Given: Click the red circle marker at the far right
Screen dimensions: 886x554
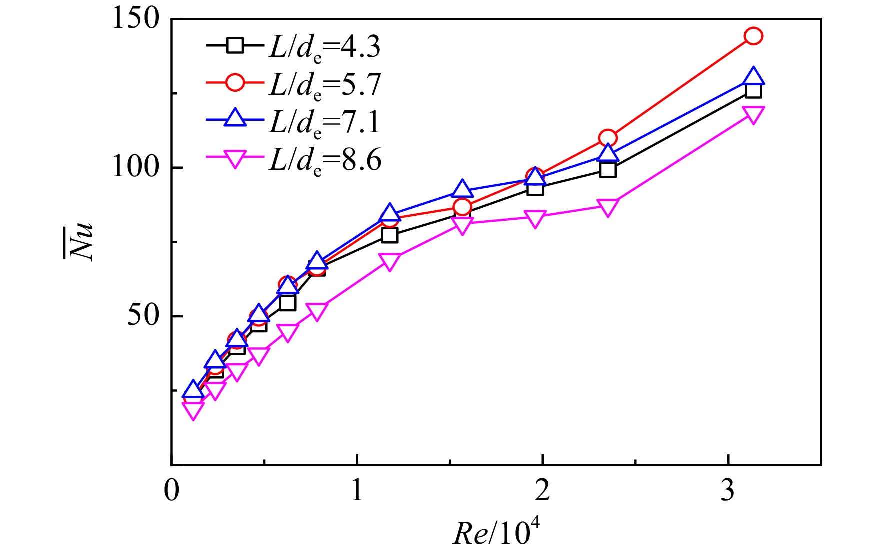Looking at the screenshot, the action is pos(753,36).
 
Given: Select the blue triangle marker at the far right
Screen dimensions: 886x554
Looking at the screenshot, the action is pos(753,77).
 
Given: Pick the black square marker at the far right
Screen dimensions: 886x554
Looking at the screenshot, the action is pos(753,90).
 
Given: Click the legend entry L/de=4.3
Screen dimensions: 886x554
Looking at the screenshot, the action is pos(293,47).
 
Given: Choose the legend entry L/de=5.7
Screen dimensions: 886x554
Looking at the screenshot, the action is pos(293,84).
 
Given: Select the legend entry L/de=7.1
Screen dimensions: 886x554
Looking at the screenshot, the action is pos(293,122).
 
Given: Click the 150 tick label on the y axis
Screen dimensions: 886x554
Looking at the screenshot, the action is pos(136,19).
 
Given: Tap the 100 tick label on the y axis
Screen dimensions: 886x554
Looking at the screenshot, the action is pos(136,167).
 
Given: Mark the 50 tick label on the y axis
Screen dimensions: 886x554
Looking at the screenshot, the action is pos(144,315).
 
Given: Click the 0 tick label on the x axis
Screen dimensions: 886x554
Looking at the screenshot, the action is pos(172,490).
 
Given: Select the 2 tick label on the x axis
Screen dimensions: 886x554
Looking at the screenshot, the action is pos(542,490).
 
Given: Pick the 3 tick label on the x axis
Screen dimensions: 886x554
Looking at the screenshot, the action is pos(728,490).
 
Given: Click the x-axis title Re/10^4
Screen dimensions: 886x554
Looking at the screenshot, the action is pos(497,531).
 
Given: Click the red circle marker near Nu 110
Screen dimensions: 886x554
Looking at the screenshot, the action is pos(607,138).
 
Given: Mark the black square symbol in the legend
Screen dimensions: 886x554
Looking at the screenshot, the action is pos(235,46).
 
